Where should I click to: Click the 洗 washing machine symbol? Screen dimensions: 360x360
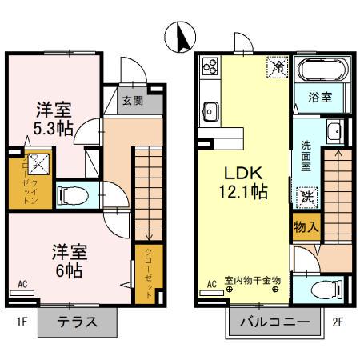point(307,194)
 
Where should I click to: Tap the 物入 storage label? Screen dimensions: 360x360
point(307,227)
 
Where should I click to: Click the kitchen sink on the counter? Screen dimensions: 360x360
point(210,110)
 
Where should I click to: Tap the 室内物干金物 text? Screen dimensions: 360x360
point(252,280)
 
